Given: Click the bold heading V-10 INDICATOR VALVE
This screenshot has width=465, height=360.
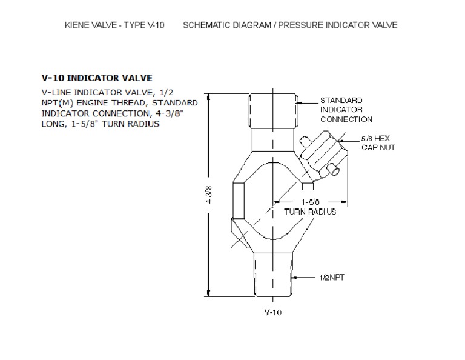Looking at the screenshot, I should click(96, 78).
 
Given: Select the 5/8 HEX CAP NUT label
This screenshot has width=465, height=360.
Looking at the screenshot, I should click(378, 143).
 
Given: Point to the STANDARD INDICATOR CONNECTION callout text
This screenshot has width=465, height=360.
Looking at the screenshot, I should click(346, 110).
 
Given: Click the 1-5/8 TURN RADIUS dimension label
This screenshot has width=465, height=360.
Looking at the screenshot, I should click(310, 207).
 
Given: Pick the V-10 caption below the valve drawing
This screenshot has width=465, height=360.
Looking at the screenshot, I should click(272, 313).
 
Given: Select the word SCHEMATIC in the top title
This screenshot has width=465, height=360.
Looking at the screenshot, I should click(206, 25).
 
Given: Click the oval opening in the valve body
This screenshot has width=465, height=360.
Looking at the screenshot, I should click(272, 200).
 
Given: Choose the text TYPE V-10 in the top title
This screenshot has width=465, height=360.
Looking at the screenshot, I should click(140, 25).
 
